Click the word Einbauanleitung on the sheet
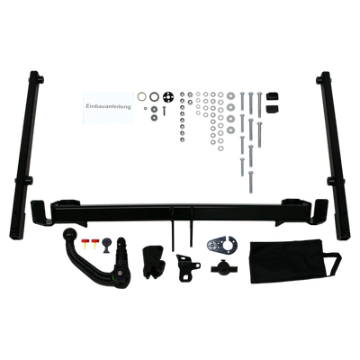[x=108, y=106]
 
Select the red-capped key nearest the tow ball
[x=85, y=244]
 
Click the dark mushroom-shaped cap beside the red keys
[x=107, y=245]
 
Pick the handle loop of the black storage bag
[x=333, y=264]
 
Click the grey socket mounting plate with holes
[x=222, y=244]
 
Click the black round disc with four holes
[x=167, y=97]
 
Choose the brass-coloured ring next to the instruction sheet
[x=142, y=97]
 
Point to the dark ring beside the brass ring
[x=155, y=96]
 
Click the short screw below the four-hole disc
[x=164, y=111]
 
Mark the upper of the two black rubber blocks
[x=272, y=96]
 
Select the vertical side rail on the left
[x=26, y=155]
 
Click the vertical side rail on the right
[x=333, y=155]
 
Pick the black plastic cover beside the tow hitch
[x=153, y=262]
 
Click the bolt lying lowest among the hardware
[x=251, y=182]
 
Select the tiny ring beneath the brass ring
[x=145, y=108]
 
